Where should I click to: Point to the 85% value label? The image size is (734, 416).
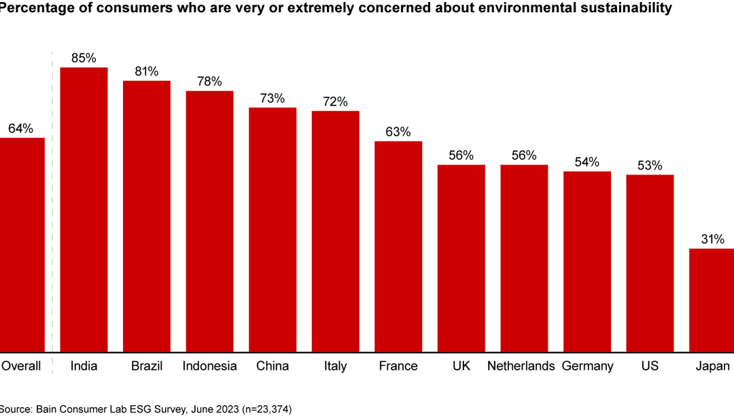tap(84, 58)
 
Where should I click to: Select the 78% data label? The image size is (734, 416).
tap(209, 82)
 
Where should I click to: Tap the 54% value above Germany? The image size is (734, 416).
tap(587, 162)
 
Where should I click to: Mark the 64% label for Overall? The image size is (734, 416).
tap(20, 128)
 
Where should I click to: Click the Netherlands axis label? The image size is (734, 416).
tap(521, 366)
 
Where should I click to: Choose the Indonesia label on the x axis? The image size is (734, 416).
tap(209, 366)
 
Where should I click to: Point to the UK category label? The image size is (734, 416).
tap(461, 366)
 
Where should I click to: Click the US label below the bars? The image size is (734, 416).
tap(650, 366)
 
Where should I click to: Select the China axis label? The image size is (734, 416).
tap(273, 366)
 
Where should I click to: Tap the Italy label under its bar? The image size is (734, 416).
tap(335, 366)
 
